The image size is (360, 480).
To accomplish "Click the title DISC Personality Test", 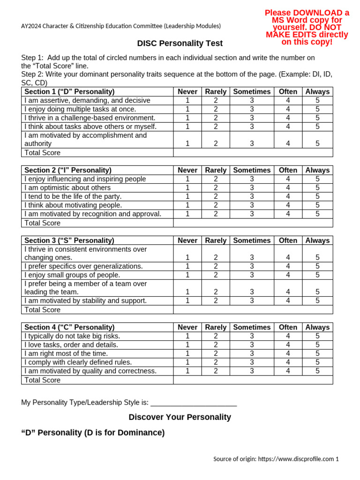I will point(180,44).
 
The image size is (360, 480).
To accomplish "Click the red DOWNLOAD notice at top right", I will point(307,27).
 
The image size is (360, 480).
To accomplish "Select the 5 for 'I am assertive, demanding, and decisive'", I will point(317,100).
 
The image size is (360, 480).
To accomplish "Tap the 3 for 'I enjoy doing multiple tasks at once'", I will point(252,109).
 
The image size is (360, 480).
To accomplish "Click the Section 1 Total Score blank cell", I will point(253,153).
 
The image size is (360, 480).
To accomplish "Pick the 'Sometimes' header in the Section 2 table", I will point(252,170).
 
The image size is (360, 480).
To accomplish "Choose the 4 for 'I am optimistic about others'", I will point(288,188).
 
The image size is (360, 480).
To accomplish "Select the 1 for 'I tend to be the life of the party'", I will point(187,196).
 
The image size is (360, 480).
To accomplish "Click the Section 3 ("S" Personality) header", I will point(69,240).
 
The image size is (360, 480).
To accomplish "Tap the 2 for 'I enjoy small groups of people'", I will point(216,275).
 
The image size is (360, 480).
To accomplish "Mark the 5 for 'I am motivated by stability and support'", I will point(317,301).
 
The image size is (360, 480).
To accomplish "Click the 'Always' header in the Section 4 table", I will point(317,327).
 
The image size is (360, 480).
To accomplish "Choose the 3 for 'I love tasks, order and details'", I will point(252,345).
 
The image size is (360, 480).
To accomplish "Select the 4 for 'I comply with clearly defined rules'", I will point(288,362).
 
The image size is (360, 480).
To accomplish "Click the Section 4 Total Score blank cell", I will point(253,380).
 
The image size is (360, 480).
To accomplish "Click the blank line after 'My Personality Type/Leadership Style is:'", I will point(194,403).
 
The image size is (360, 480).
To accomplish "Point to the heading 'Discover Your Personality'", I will point(180,417).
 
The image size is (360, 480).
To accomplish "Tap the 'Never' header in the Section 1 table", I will point(187,92).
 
